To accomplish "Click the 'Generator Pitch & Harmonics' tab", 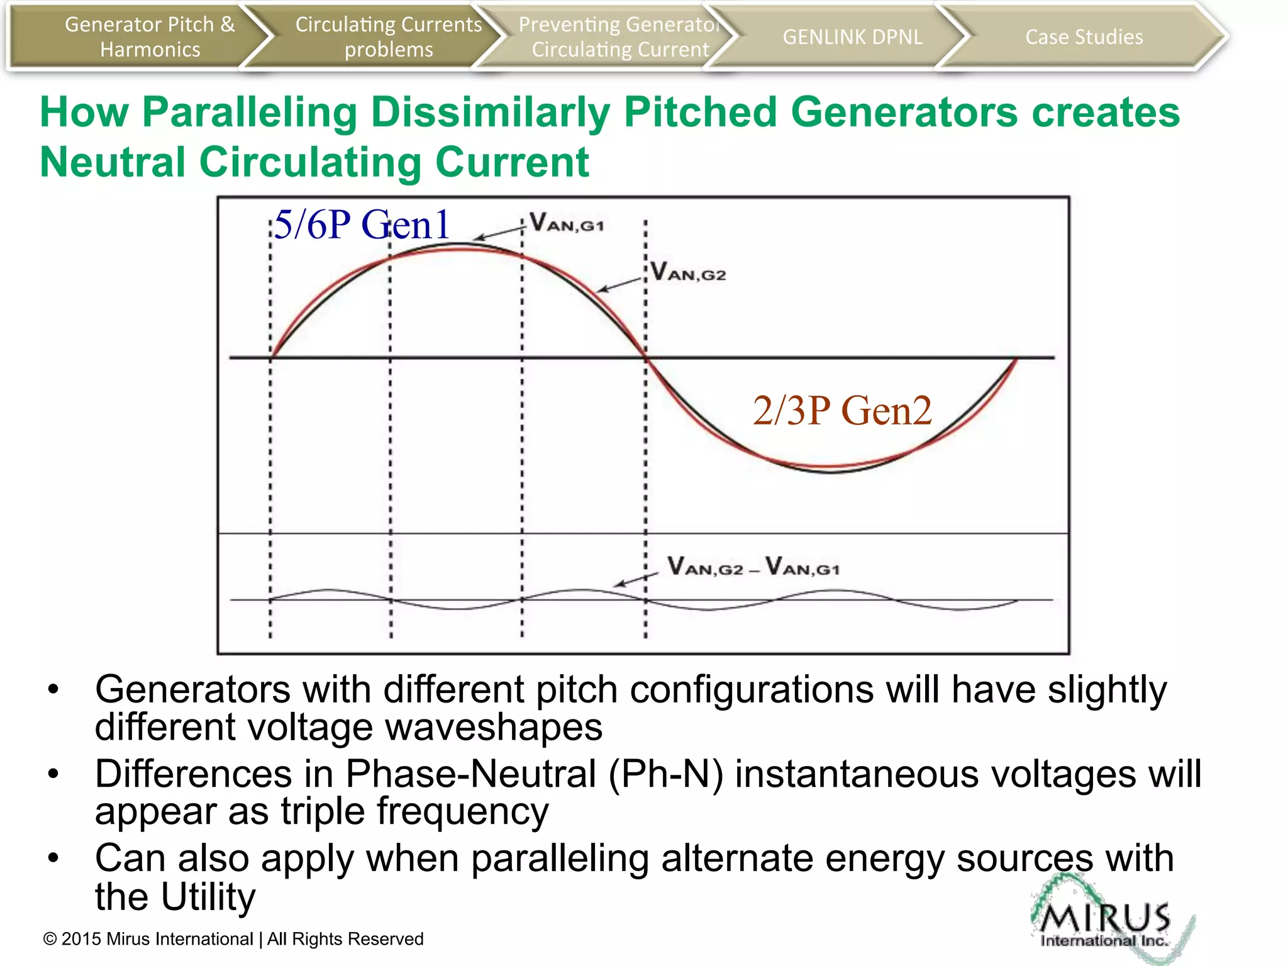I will pos(150,36).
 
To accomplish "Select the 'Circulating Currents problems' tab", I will pos(388,36).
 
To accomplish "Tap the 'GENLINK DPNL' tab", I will pos(852,37).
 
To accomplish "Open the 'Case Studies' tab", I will pos(1084,37).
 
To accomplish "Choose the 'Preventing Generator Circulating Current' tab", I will pos(619,36).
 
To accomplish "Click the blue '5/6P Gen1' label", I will pos(362,225).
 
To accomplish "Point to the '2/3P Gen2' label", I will pos(842,411).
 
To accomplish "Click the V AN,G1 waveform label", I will pos(566,223).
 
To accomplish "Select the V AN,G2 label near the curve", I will pos(688,272).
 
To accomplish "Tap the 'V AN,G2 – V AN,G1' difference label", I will pos(753,567).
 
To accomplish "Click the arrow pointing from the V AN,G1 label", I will pos(499,233).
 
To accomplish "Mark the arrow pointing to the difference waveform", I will pos(635,579).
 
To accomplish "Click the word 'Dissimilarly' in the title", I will pos(490,112).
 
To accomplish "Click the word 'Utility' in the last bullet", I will pos(208,896).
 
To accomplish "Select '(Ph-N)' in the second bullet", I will pos(665,774).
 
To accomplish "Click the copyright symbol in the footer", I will pos(50,940).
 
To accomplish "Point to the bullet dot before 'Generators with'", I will pos(53,689).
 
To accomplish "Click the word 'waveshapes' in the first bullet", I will pos(493,727).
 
